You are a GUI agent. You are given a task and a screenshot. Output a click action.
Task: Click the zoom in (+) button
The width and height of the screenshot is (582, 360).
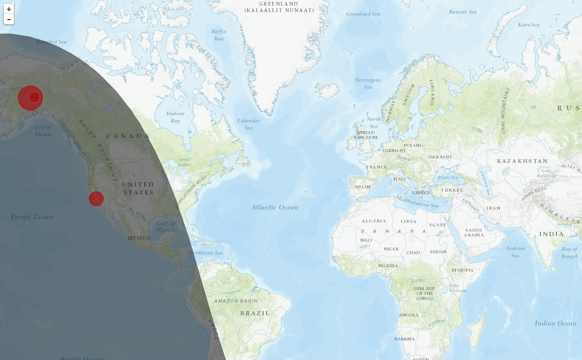9,9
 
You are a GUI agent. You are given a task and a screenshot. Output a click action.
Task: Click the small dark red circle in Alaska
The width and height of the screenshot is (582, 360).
34,97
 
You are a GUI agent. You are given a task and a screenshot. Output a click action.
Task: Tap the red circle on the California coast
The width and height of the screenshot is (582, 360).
96,198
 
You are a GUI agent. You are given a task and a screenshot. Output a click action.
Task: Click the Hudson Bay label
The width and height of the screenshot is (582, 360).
175,117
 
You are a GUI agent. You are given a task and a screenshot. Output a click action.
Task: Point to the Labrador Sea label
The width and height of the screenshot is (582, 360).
249,124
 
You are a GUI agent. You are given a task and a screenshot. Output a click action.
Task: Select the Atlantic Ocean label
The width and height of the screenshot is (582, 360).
275,207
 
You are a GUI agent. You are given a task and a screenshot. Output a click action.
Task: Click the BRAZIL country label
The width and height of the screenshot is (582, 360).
255,313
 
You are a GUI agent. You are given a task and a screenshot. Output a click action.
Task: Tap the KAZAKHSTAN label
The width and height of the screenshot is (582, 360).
522,161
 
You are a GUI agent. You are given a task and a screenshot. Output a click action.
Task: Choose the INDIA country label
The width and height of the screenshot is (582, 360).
551,234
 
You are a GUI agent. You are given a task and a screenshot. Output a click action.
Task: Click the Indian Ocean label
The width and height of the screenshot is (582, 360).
555,323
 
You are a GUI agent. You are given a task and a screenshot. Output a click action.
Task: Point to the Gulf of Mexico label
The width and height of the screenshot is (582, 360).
165,226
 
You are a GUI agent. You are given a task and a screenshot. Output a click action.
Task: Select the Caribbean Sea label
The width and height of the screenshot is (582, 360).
206,252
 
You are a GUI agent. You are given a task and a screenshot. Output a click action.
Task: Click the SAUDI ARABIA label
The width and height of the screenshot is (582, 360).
474,232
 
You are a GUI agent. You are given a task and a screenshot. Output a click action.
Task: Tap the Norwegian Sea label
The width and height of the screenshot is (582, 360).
368,83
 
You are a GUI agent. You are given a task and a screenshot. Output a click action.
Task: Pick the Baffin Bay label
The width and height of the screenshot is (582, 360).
219,35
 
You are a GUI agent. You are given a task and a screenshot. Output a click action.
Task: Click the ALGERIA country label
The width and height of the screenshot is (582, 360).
374,221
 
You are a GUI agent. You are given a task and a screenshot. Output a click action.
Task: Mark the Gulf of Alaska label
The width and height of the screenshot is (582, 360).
42,130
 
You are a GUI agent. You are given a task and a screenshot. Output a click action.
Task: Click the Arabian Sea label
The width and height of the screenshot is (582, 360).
515,252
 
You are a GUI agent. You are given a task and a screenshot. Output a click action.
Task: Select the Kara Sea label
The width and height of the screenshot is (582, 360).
528,25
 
